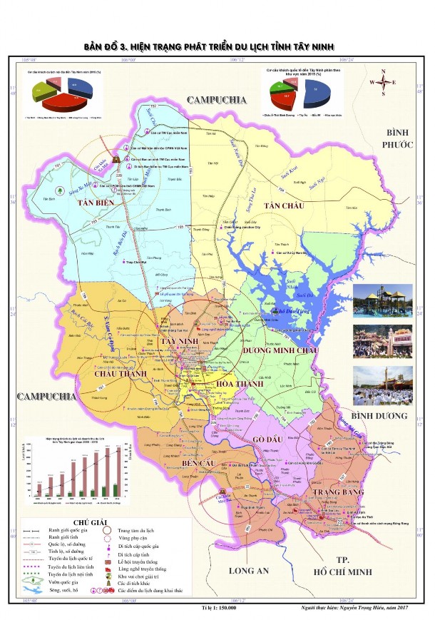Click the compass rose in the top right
[x=383, y=82]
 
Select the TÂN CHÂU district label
[x=284, y=205]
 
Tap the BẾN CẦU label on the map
[x=200, y=464]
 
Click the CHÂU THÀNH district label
[x=116, y=372]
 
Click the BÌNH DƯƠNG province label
[x=383, y=415]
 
